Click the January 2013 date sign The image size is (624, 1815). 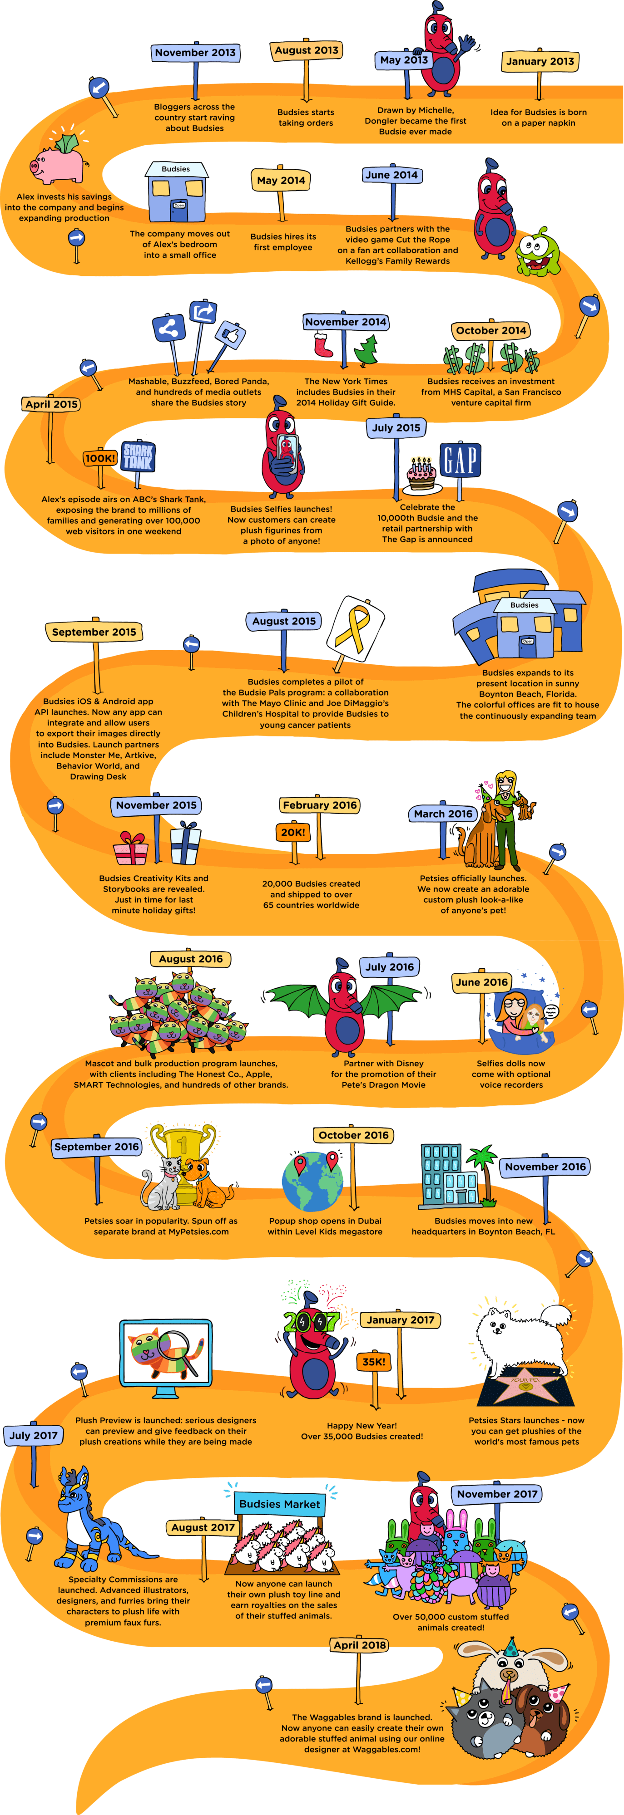point(540,61)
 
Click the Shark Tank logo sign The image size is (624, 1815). point(138,456)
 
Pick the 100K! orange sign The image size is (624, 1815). point(100,458)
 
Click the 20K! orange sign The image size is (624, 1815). point(293,832)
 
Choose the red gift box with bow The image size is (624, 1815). point(131,849)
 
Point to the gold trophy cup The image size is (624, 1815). point(183,1156)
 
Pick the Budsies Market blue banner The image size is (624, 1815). point(279,1504)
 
